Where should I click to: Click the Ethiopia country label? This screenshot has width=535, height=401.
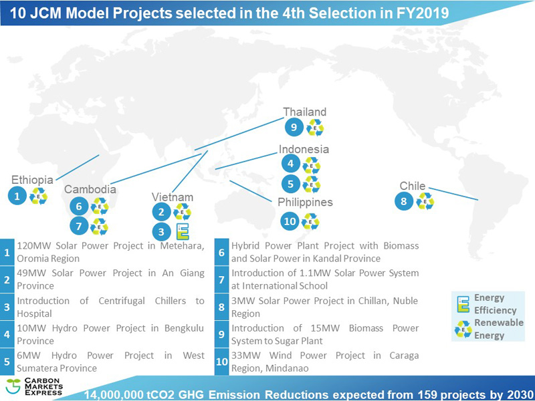pos(32,180)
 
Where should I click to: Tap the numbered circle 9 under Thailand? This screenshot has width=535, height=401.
pos(294,128)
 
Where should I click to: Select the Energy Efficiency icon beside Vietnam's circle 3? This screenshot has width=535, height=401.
pos(183,232)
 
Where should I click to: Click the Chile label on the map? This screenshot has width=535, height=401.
pos(413,186)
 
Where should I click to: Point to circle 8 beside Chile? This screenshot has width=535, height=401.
pos(404,201)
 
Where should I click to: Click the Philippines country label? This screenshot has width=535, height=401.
pos(305,203)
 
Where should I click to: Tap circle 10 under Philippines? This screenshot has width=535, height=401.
pos(290,221)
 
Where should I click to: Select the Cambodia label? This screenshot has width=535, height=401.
pos(90,189)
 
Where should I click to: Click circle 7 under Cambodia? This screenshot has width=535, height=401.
pos(79,227)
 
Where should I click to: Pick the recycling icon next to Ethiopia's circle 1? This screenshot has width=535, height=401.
pos(38,196)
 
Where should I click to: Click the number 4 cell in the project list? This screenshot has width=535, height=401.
pos(7,335)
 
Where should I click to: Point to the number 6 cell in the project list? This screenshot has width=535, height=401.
pos(222,253)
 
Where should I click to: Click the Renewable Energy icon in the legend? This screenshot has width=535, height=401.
pos(463,329)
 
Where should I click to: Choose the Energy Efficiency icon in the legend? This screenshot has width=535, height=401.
pos(463,304)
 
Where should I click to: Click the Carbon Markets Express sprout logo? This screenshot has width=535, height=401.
pos(13,386)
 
